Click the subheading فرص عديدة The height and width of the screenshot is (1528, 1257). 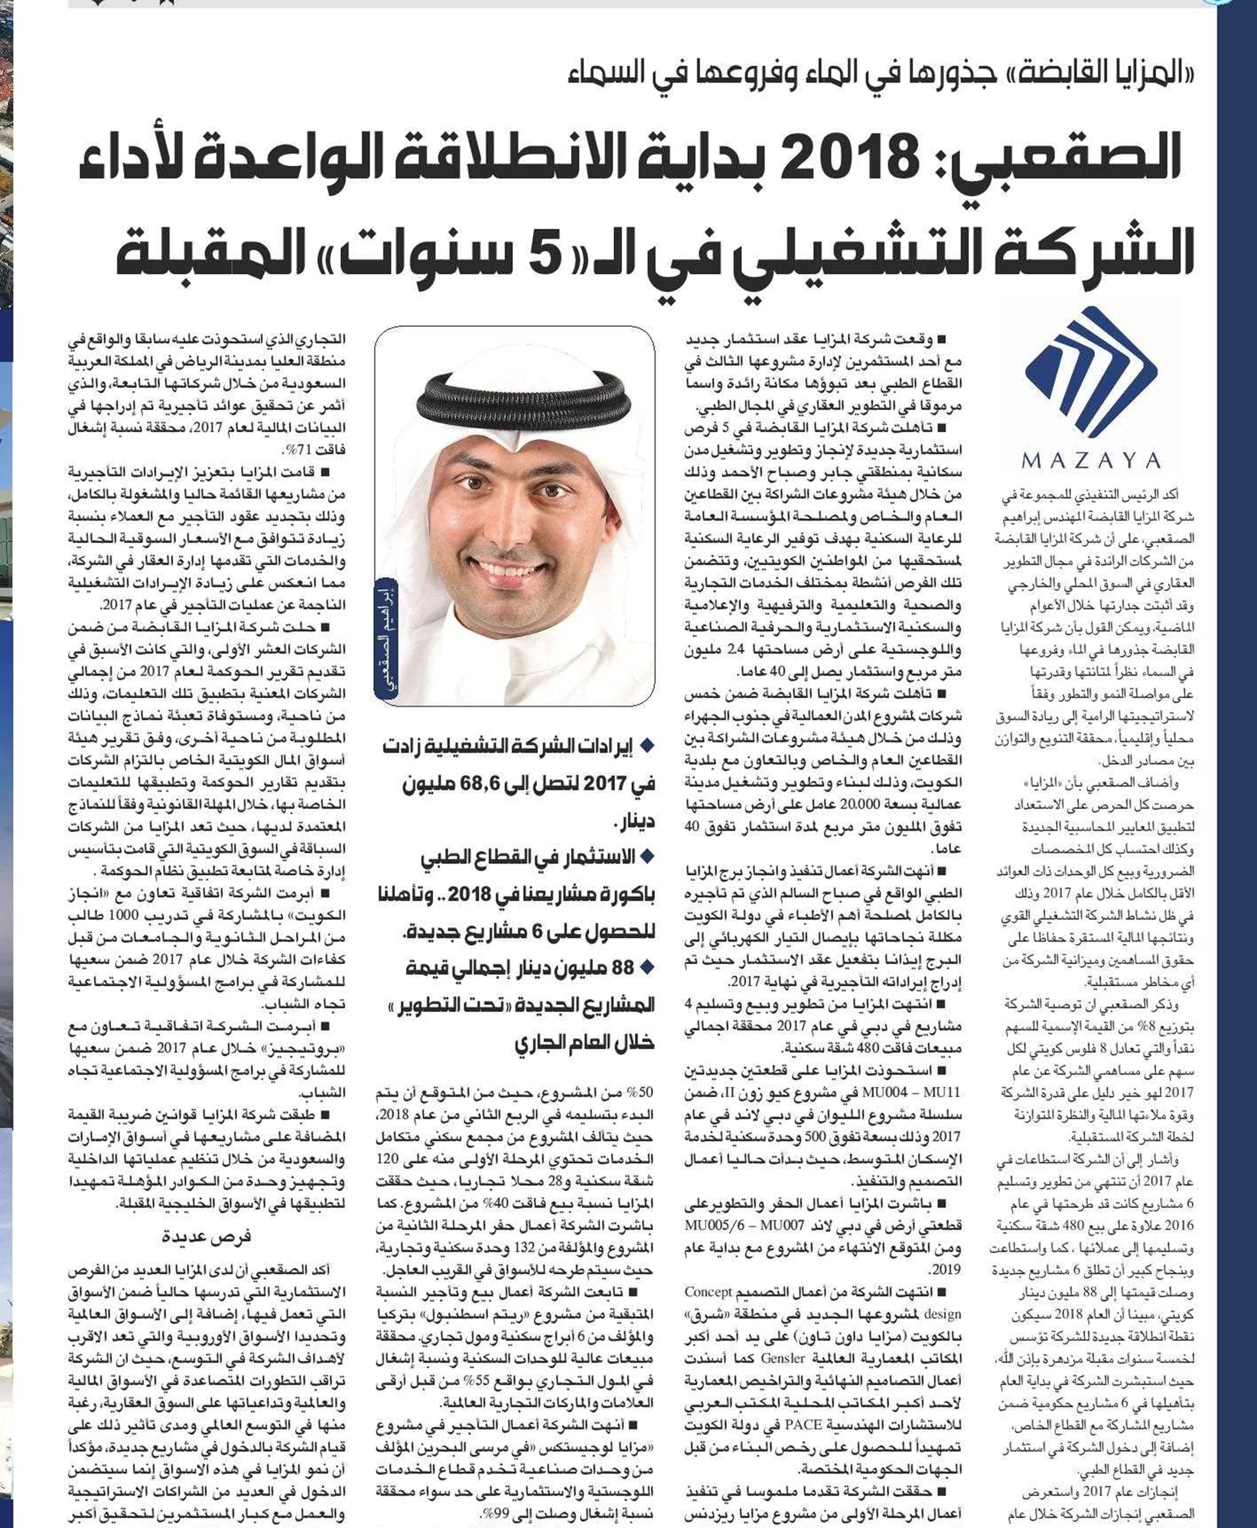click(x=207, y=1237)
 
